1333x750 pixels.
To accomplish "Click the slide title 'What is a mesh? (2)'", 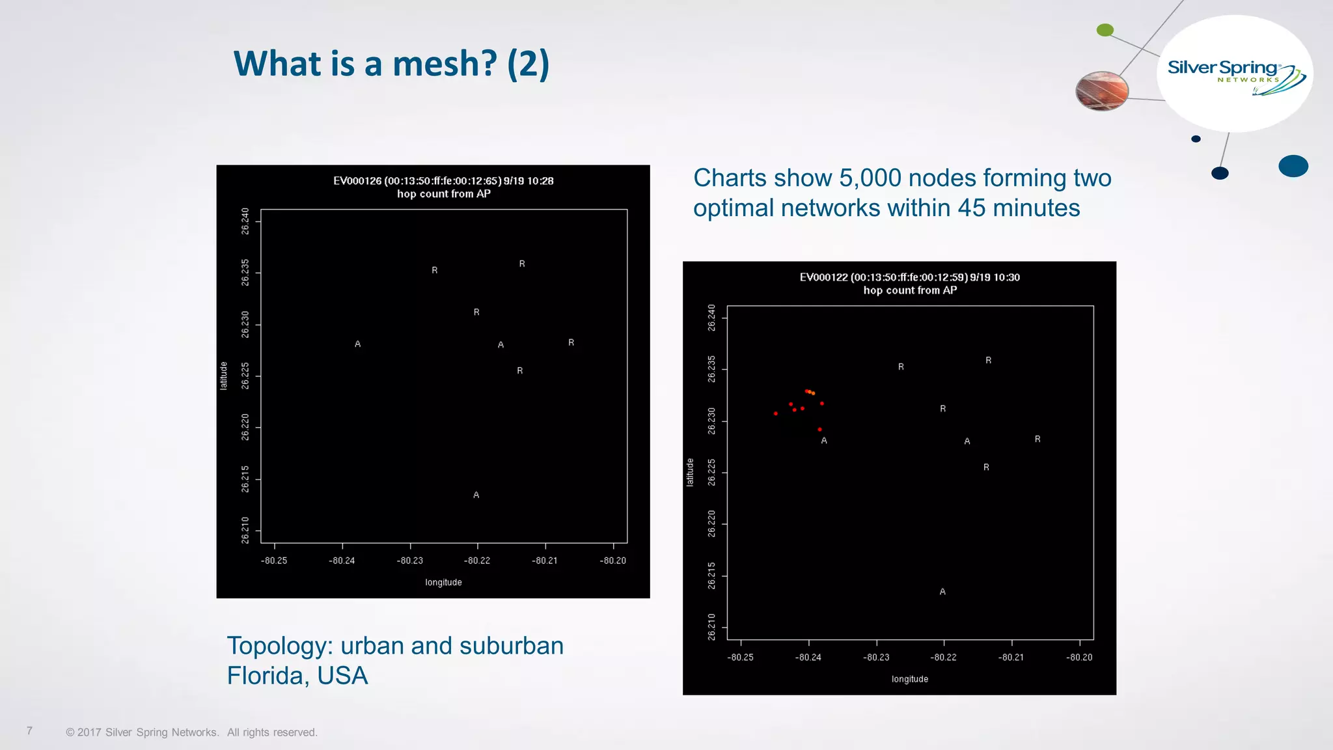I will pyautogui.click(x=391, y=64).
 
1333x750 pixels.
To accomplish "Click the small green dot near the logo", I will pyautogui.click(x=1105, y=30).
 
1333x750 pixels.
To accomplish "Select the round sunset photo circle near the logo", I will pyautogui.click(x=1101, y=90).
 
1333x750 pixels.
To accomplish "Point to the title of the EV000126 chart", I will pyautogui.click(x=443, y=187).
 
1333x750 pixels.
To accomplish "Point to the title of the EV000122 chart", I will pyautogui.click(x=909, y=284).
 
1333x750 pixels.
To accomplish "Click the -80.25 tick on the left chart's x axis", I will pyautogui.click(x=274, y=561).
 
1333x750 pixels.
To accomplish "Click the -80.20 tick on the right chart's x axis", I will pyautogui.click(x=1079, y=658).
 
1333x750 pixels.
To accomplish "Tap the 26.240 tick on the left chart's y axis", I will pyautogui.click(x=245, y=221).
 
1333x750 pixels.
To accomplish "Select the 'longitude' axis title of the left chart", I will pyautogui.click(x=443, y=583).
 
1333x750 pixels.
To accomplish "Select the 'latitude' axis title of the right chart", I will pyautogui.click(x=690, y=472).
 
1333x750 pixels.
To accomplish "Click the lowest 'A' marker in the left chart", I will pyautogui.click(x=476, y=495).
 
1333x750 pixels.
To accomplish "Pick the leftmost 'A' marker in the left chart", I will pyautogui.click(x=357, y=344).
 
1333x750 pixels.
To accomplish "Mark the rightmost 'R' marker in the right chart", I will pyautogui.click(x=1038, y=439).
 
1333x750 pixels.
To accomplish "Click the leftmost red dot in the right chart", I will pyautogui.click(x=775, y=413).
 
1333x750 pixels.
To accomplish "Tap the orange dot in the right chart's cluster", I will pyautogui.click(x=813, y=393).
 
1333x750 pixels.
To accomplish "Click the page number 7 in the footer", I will pyautogui.click(x=29, y=731).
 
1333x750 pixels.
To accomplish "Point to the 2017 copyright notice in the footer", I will pyautogui.click(x=191, y=732).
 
